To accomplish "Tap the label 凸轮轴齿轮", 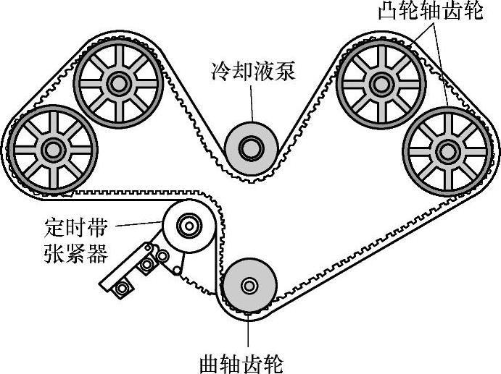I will (431, 12).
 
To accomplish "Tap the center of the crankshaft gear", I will (249, 286).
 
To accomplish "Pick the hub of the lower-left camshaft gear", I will (51, 150).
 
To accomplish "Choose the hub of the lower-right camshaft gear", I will (444, 150).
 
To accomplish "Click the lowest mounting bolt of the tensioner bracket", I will (122, 289).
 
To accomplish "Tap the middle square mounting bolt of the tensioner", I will (147, 265).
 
